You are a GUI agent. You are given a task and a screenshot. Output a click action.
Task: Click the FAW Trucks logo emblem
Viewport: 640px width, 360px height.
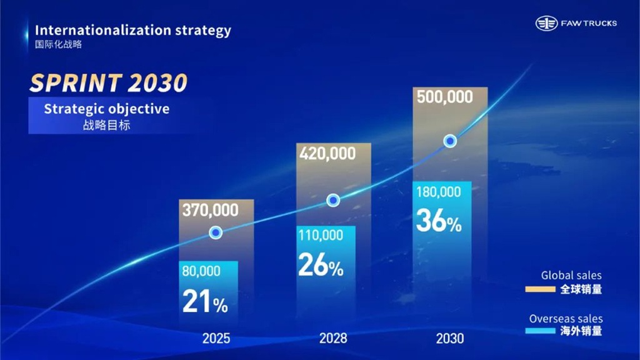(546, 23)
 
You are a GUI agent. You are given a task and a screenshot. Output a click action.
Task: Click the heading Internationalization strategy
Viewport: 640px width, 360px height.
(133, 29)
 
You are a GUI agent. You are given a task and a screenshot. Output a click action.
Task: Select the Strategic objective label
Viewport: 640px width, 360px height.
(106, 109)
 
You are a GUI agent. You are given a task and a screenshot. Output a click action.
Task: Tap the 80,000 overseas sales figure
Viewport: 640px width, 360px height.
(201, 271)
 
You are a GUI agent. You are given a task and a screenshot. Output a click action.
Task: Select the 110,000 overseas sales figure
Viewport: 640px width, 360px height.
(320, 235)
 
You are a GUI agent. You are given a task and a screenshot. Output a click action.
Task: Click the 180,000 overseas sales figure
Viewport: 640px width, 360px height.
(437, 191)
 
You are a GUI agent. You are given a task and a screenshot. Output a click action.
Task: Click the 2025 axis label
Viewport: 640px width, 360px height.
(216, 339)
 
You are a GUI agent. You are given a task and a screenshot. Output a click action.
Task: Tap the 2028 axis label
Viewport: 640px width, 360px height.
(333, 339)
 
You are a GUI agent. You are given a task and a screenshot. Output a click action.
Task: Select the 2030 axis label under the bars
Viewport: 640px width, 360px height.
(450, 339)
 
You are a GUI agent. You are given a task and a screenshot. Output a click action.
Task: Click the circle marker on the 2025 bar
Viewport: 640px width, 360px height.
(216, 232)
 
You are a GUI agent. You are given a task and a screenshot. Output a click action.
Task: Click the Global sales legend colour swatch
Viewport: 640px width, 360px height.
(541, 289)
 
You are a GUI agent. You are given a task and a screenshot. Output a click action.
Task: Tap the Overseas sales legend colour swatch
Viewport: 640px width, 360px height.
(541, 331)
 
